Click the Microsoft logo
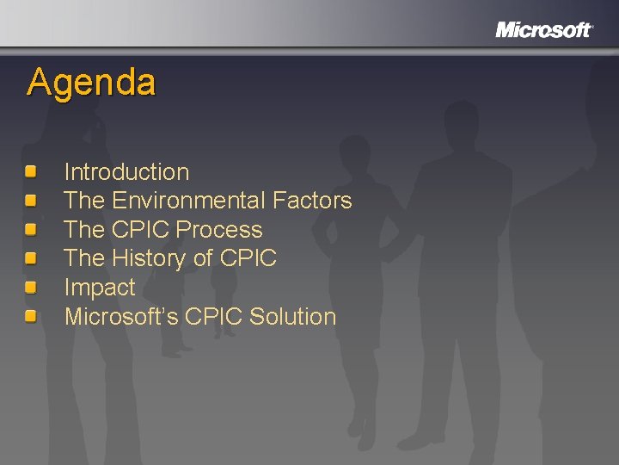tap(543, 30)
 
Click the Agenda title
tap(91, 83)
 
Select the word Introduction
tap(126, 172)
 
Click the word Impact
tap(100, 288)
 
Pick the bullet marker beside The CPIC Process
tap(31, 230)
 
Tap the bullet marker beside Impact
tap(31, 288)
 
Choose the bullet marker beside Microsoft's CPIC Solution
tap(31, 317)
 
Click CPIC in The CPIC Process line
tap(142, 230)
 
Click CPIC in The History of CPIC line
tap(248, 258)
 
